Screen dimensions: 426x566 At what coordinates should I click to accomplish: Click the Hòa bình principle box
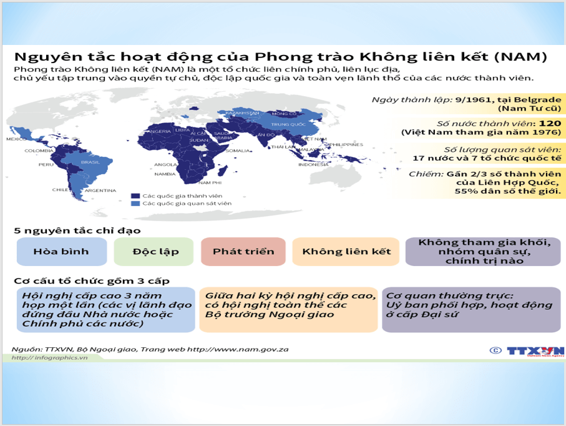[x=61, y=252]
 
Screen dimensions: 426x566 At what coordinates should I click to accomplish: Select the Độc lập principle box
[x=155, y=252]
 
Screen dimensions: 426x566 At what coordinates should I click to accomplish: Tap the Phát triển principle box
[x=243, y=252]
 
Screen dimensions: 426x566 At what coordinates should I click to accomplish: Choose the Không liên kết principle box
[x=346, y=252]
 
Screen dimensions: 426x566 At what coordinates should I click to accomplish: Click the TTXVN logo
[x=534, y=351]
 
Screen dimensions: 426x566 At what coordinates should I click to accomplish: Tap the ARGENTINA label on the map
[x=100, y=190]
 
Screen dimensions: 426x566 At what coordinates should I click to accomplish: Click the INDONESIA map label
[x=313, y=164]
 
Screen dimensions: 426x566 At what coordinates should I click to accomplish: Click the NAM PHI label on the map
[x=210, y=182]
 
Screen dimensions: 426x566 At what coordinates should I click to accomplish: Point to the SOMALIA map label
[x=237, y=151]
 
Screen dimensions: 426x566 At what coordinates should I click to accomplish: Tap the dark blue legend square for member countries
[x=134, y=196]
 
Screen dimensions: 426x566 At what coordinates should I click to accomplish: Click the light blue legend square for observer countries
[x=134, y=204]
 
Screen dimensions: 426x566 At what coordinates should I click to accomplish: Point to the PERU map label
[x=46, y=164]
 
